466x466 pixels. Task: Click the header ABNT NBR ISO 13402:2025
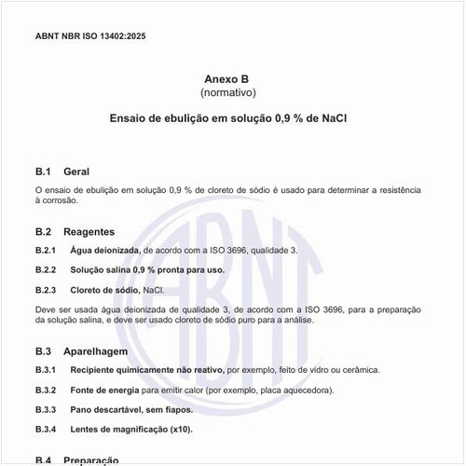[90, 36]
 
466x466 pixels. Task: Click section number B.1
[42, 172]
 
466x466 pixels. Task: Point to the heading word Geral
[76, 172]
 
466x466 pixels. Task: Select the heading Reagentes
[89, 231]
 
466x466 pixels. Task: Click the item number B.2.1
[46, 251]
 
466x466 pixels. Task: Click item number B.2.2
[46, 270]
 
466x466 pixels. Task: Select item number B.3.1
[46, 371]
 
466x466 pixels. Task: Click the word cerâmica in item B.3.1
[360, 371]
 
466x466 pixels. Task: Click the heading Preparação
[91, 460]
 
